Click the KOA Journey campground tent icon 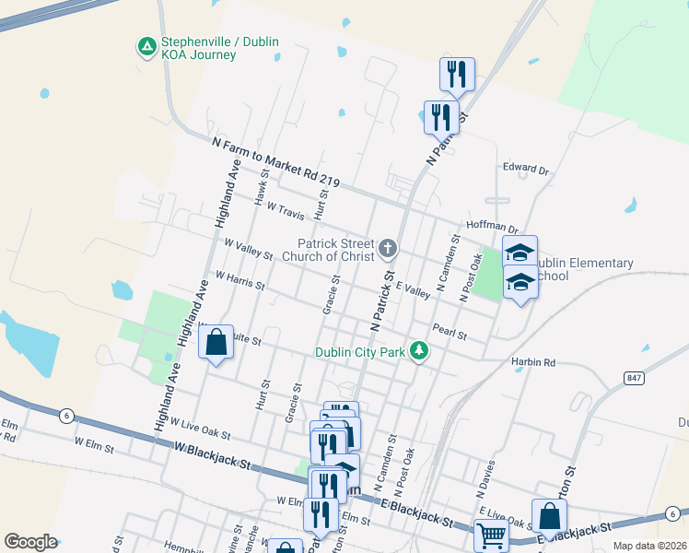click(x=146, y=46)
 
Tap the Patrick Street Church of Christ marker click(x=389, y=248)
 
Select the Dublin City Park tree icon click(x=419, y=351)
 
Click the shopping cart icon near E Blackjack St click(x=491, y=534)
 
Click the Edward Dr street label click(x=525, y=170)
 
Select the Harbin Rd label click(x=533, y=363)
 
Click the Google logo click(x=29, y=542)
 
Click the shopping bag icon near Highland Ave click(x=216, y=343)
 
